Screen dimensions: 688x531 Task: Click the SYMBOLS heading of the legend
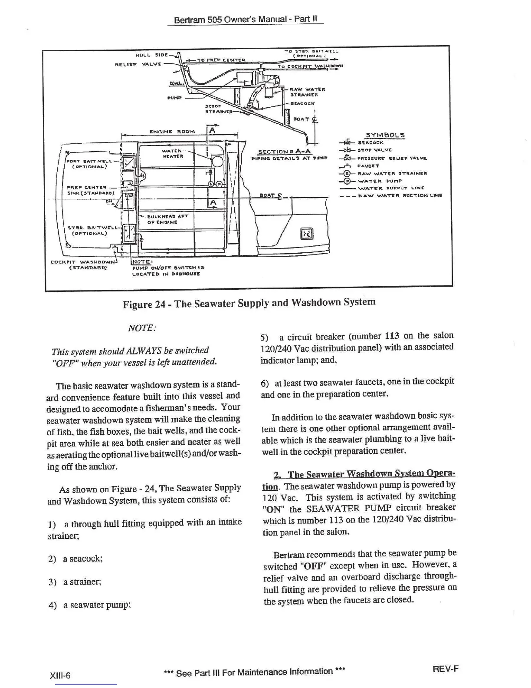[x=385, y=135]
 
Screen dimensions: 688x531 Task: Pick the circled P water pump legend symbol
[x=347, y=181]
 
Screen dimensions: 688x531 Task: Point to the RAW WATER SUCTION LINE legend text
[x=399, y=195]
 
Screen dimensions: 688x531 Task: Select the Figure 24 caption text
[x=249, y=303]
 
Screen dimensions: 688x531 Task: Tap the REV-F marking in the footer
[x=446, y=669]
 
